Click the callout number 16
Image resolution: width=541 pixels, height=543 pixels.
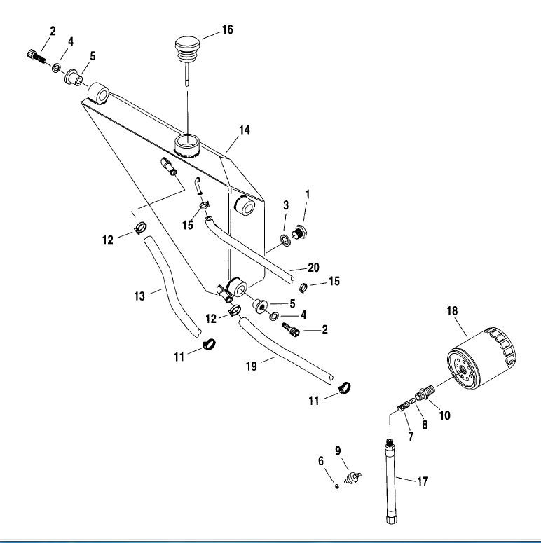coord(227,29)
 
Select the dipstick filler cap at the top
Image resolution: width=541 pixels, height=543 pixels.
coord(187,52)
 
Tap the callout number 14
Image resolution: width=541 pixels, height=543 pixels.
coord(244,130)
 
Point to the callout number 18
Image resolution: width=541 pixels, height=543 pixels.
coord(452,310)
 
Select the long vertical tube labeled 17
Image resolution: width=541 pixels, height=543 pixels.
coord(391,481)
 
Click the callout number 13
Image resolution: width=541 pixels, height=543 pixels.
coord(139,296)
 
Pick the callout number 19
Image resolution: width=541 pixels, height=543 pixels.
coord(251,366)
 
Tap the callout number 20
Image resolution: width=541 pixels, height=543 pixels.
coord(313,268)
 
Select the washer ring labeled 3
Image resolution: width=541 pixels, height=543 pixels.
coord(286,241)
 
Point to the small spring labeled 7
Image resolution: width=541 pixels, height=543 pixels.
coord(402,406)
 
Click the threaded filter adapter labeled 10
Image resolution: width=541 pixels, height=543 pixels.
coord(425,392)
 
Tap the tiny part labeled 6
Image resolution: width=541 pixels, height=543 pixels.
coord(336,486)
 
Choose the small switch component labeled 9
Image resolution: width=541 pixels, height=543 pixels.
coord(352,477)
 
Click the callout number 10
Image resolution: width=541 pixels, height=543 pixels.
coord(445,415)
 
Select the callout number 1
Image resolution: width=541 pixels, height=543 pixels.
coord(307,194)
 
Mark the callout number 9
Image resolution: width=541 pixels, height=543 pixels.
coord(338,451)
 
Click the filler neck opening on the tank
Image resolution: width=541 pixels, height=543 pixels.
coord(187,146)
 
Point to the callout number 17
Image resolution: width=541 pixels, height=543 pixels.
coord(423,481)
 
